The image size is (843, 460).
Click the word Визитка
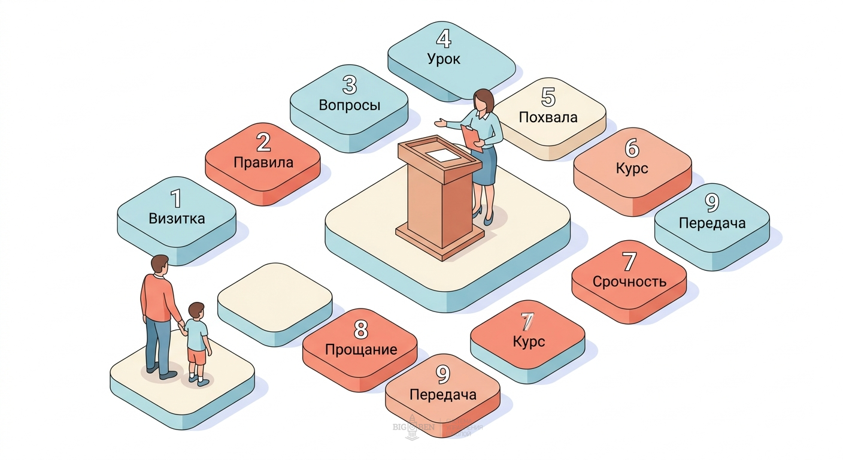[x=177, y=218]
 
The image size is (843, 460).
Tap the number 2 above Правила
[x=263, y=143]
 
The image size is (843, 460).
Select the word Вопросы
[x=350, y=105]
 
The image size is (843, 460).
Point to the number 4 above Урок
[x=444, y=39]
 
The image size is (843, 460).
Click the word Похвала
[x=548, y=117]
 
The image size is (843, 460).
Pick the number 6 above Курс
[x=632, y=148]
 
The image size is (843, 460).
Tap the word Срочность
[x=629, y=282]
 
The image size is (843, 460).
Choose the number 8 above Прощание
[x=360, y=329]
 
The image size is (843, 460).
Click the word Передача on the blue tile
[x=712, y=223]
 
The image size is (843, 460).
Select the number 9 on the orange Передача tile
[x=442, y=375]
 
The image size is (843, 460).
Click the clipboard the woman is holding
[x=472, y=137]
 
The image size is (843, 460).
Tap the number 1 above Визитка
[x=175, y=198]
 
